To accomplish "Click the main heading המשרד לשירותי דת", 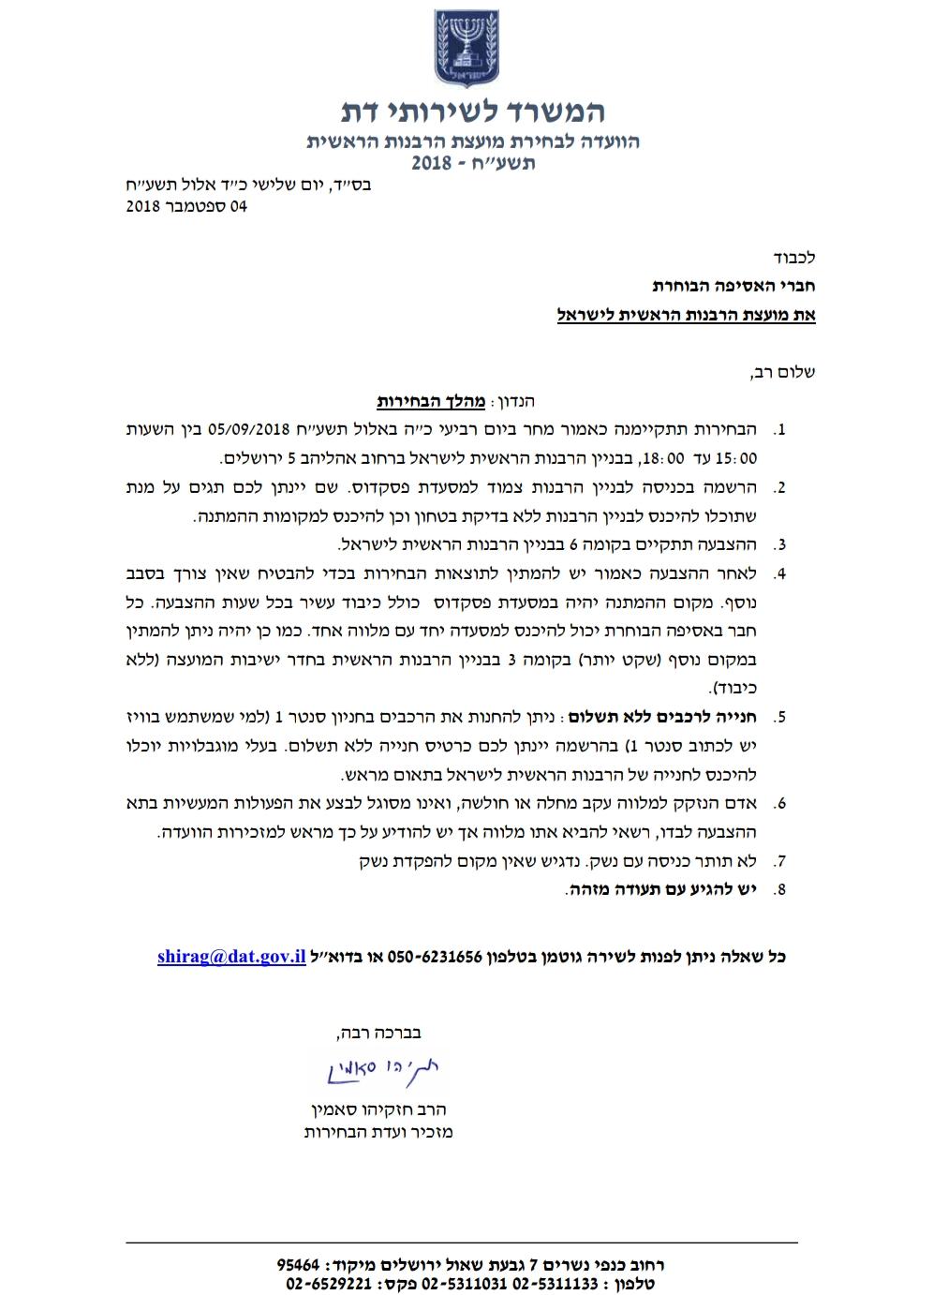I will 473,112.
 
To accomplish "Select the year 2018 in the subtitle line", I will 432,163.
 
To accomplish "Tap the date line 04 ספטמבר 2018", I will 186,206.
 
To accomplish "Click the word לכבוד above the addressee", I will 795,257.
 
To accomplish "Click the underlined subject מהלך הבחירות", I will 431,402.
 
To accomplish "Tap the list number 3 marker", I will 778,545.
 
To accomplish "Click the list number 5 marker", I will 778,719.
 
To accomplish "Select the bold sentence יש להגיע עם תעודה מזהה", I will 660,889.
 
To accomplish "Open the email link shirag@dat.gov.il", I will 231,957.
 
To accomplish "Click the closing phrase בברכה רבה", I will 377,1034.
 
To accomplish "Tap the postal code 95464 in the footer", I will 299,1263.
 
